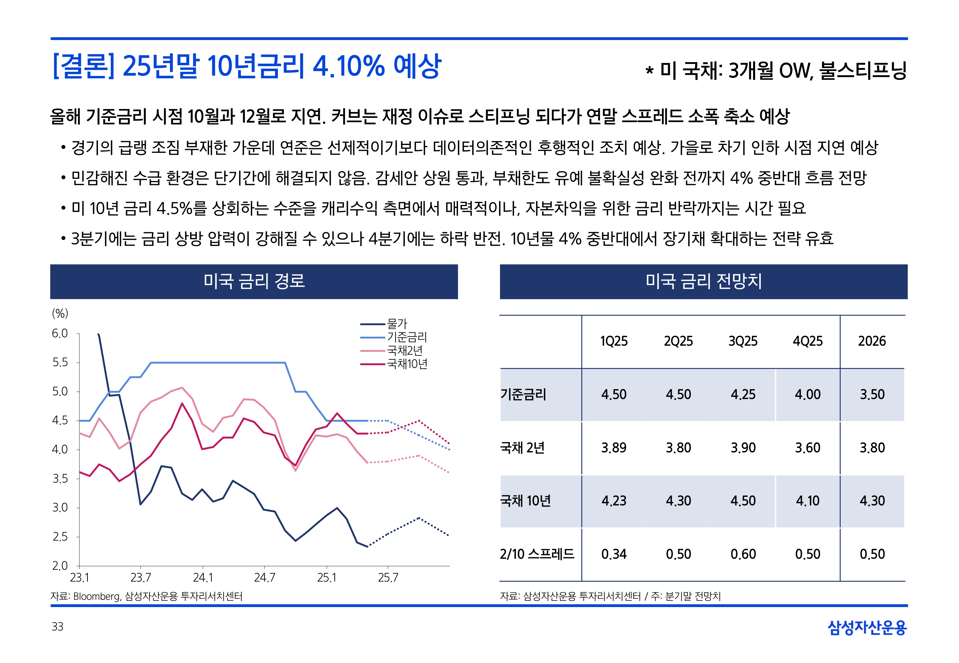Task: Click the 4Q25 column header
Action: point(807,341)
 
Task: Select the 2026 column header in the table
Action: point(872,341)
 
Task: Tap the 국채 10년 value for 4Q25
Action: point(807,501)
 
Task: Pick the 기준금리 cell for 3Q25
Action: point(743,394)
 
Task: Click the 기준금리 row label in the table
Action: point(523,394)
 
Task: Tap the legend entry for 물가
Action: point(397,324)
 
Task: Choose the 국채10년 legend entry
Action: point(407,364)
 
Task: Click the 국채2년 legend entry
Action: point(404,351)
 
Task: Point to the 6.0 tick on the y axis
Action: point(60,334)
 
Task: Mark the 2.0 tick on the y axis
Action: point(60,565)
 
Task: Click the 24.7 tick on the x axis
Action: point(264,578)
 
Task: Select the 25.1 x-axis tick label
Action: point(326,578)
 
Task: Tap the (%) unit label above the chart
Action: point(60,313)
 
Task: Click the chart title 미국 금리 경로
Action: point(254,281)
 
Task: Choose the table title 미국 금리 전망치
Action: point(703,281)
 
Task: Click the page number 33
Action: point(57,626)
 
